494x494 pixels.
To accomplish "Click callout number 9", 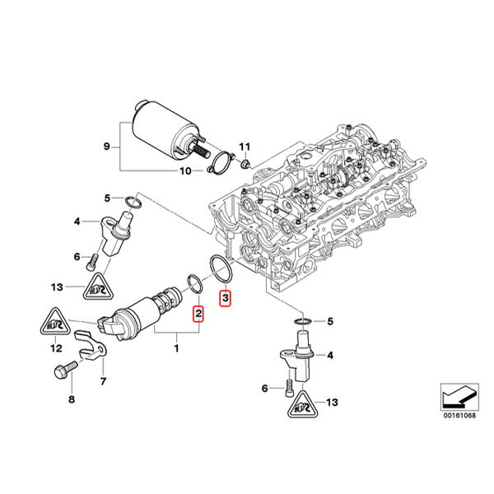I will coord(106,147).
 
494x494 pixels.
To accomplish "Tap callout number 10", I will coord(185,171).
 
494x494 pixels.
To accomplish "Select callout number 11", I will coord(243,147).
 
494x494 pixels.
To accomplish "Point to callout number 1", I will coord(175,348).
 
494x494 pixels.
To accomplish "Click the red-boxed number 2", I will coord(197,313).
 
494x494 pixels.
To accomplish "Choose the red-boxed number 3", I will coord(225,297).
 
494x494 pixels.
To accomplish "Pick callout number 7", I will coord(104,380).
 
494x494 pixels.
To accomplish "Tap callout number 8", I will coord(71,399).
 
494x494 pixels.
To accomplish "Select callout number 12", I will coord(56,349).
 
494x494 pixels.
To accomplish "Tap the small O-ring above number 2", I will coord(196,283).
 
